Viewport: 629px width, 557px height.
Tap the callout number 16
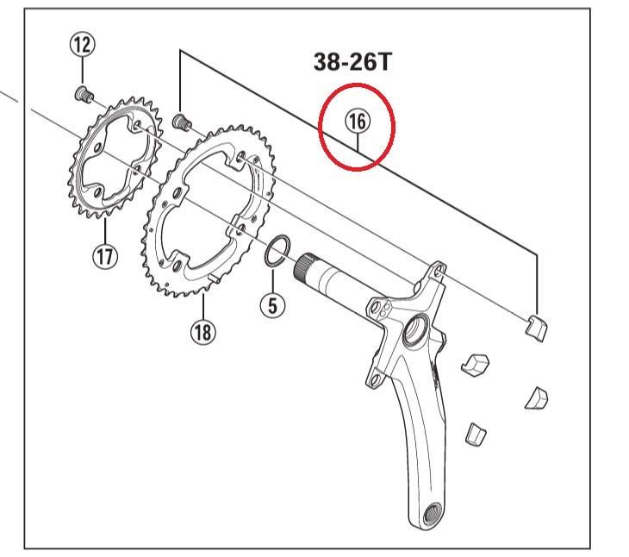coord(357,122)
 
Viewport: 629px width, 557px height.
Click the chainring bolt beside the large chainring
coord(182,121)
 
